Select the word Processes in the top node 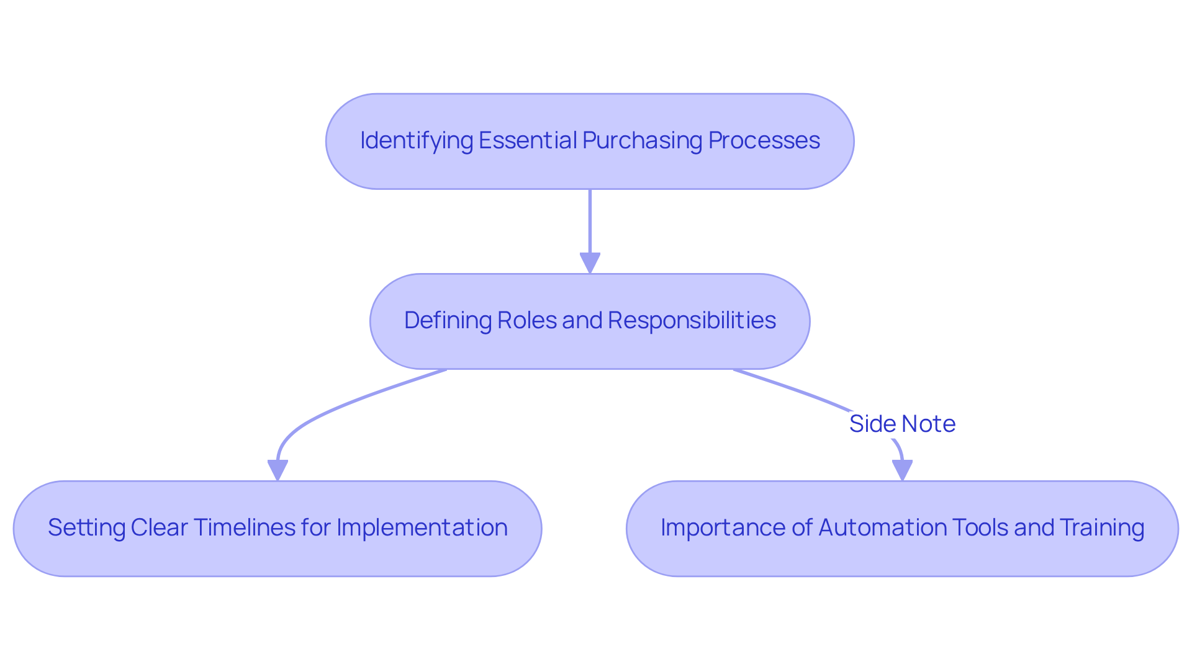tap(764, 141)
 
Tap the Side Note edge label tap(902, 424)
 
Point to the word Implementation tap(422, 528)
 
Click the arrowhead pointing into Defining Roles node tap(590, 263)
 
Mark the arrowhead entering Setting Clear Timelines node tap(278, 470)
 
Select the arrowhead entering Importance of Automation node tap(902, 470)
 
